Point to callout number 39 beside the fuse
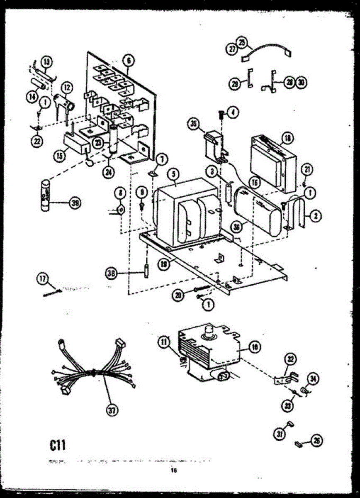point(75,203)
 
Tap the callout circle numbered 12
point(67,87)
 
